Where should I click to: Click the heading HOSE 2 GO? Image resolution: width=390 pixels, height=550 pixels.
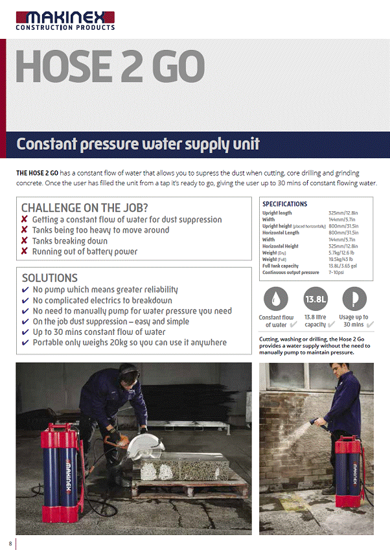coord(110,65)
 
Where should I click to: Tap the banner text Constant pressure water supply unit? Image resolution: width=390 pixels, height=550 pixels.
coord(138,144)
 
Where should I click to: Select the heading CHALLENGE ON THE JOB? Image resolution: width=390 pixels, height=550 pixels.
coord(85,208)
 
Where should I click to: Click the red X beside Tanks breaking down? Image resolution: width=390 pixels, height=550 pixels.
coord(25,241)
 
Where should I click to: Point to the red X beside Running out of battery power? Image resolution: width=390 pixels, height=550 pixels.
coord(25,251)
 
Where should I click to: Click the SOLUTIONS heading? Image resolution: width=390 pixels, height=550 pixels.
coord(50,278)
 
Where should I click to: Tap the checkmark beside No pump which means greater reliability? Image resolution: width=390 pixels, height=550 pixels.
coord(25,290)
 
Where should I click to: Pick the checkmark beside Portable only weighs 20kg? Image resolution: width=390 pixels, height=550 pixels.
coord(25,343)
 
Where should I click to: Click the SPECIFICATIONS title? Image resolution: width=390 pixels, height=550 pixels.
coord(285,204)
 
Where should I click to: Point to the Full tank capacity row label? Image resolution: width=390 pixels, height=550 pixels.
coord(281,266)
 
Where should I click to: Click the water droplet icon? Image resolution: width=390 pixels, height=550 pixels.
coord(276,299)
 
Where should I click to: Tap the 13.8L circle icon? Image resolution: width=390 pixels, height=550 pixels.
coord(315,299)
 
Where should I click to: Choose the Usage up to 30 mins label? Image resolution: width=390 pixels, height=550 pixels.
coord(354,321)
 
